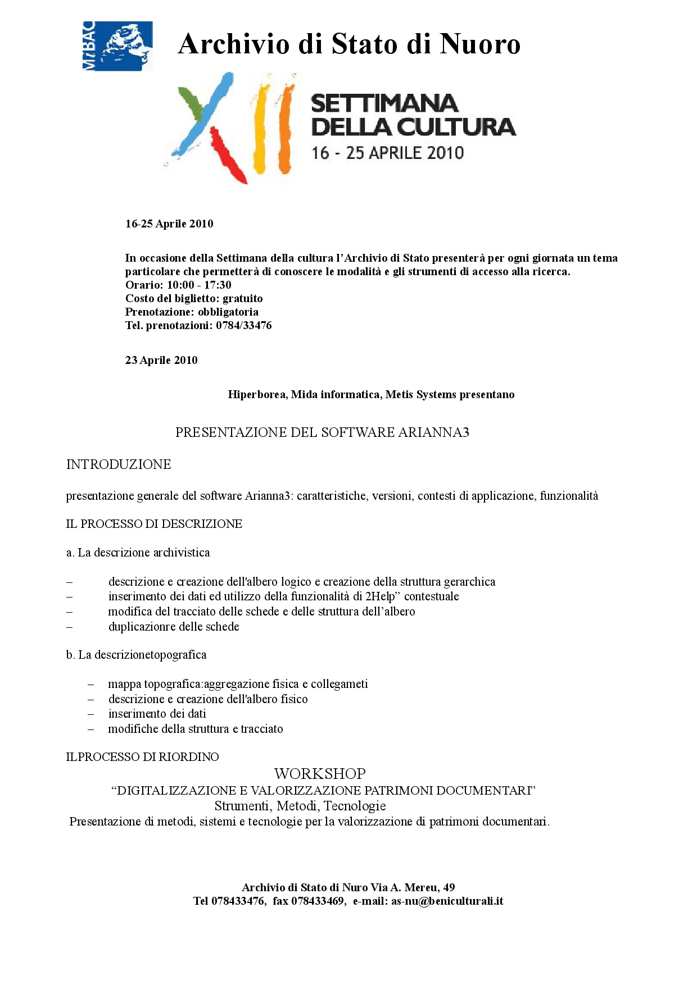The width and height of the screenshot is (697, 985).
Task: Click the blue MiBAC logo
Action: point(117,46)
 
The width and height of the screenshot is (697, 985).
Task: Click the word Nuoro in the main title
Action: point(480,44)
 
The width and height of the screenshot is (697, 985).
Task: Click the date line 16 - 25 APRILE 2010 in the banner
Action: point(388,153)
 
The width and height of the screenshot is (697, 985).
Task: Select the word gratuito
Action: point(242,298)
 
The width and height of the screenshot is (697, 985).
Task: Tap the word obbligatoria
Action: point(228,312)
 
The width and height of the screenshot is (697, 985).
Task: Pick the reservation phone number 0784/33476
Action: point(243,325)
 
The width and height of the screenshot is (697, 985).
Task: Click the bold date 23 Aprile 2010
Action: point(161,360)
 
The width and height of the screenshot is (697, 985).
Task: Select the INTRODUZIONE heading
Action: point(119,464)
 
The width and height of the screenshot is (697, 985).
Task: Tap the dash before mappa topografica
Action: point(90,685)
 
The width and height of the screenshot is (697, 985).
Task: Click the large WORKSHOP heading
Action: point(320,774)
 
